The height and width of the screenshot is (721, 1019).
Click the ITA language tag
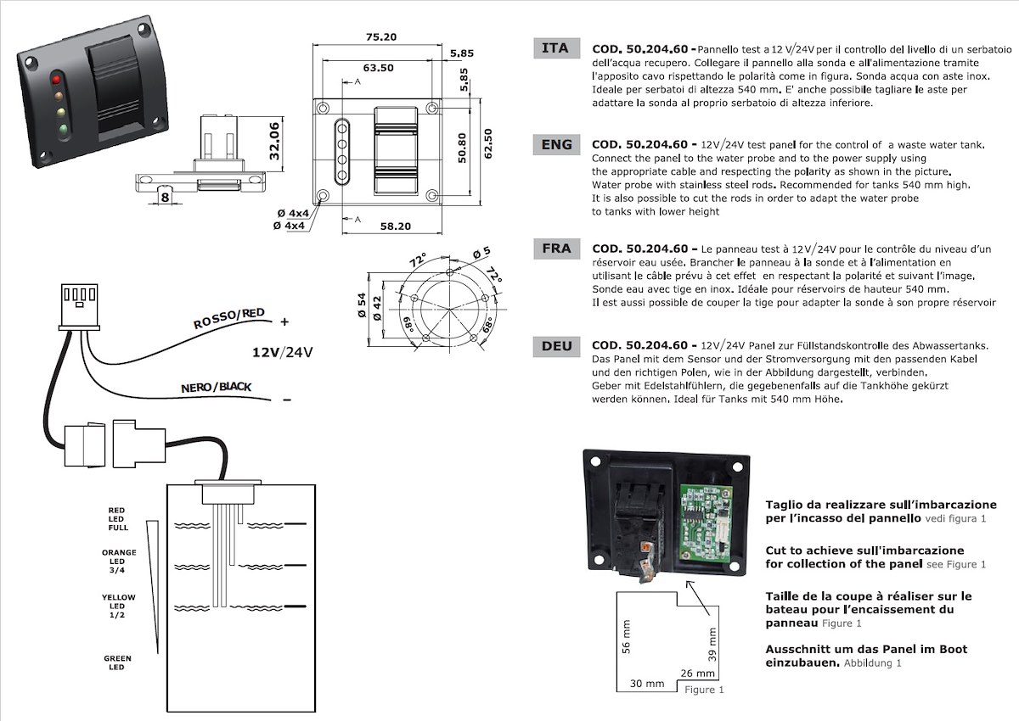coord(556,48)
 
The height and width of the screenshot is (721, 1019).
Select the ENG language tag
coord(556,144)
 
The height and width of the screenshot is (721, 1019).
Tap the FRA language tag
coord(556,249)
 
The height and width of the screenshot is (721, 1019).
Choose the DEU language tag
coord(556,346)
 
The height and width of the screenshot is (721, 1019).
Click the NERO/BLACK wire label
coord(217,388)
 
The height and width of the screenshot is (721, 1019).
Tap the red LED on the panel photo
coord(58,79)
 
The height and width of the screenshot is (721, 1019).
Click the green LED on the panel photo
coord(62,130)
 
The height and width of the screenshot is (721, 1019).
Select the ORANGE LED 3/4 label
coord(119,561)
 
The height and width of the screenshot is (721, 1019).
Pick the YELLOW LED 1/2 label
coord(119,606)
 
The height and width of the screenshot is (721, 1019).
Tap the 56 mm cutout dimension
coord(628,640)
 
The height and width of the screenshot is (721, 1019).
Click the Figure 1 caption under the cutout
coord(704,690)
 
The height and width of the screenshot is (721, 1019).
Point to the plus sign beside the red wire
coord(284,321)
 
